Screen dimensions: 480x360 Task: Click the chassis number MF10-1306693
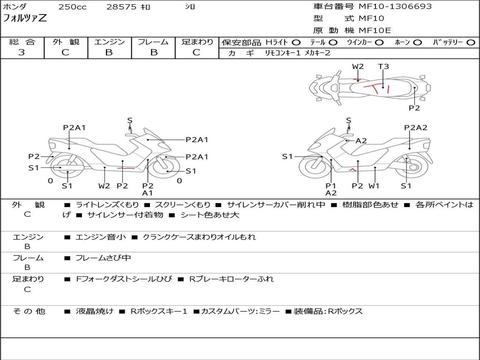click(x=395, y=7)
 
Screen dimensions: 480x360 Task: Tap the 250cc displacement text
click(x=73, y=7)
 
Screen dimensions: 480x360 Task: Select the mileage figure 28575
click(x=121, y=7)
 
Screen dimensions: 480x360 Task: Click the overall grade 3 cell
click(x=22, y=52)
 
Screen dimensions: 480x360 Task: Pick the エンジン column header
click(x=109, y=42)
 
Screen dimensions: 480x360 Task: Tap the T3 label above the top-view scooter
click(x=383, y=67)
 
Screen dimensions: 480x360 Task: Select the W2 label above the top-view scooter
click(x=358, y=67)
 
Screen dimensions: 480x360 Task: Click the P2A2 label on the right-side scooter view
click(x=416, y=127)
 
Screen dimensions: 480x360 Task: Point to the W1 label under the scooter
click(x=374, y=186)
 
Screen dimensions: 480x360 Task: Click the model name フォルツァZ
click(x=25, y=19)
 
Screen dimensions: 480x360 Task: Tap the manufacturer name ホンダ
click(x=15, y=7)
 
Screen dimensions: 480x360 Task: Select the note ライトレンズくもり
click(x=107, y=205)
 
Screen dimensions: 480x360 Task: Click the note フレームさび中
click(x=103, y=258)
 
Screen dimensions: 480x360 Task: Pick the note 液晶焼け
click(x=95, y=311)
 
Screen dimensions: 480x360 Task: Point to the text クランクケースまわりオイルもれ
click(x=199, y=237)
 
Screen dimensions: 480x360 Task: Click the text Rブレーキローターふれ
click(x=231, y=279)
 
